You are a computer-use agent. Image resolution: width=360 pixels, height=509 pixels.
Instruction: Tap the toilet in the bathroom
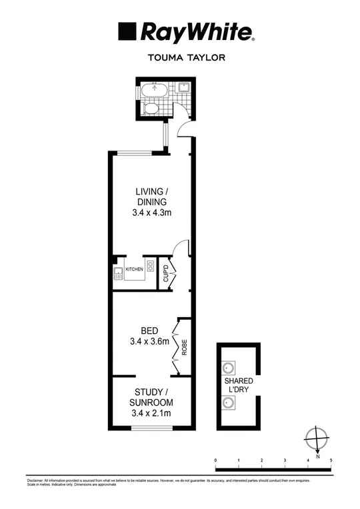tap(152, 109)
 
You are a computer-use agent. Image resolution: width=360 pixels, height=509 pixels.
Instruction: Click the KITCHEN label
tap(135, 269)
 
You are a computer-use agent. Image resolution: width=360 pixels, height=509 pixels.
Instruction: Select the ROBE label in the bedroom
tap(185, 349)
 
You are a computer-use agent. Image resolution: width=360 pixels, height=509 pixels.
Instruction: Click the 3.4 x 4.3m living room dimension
tap(151, 213)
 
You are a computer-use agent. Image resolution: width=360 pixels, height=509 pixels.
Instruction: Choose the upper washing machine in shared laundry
tap(228, 367)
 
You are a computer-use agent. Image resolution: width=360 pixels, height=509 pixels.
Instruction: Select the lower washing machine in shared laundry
tap(228, 401)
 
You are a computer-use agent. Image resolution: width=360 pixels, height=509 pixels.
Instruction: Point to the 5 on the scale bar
tap(331, 460)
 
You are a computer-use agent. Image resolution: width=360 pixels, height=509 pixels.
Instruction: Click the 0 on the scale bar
tap(215, 460)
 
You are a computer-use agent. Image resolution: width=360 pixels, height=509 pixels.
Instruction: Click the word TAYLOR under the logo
tap(205, 58)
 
